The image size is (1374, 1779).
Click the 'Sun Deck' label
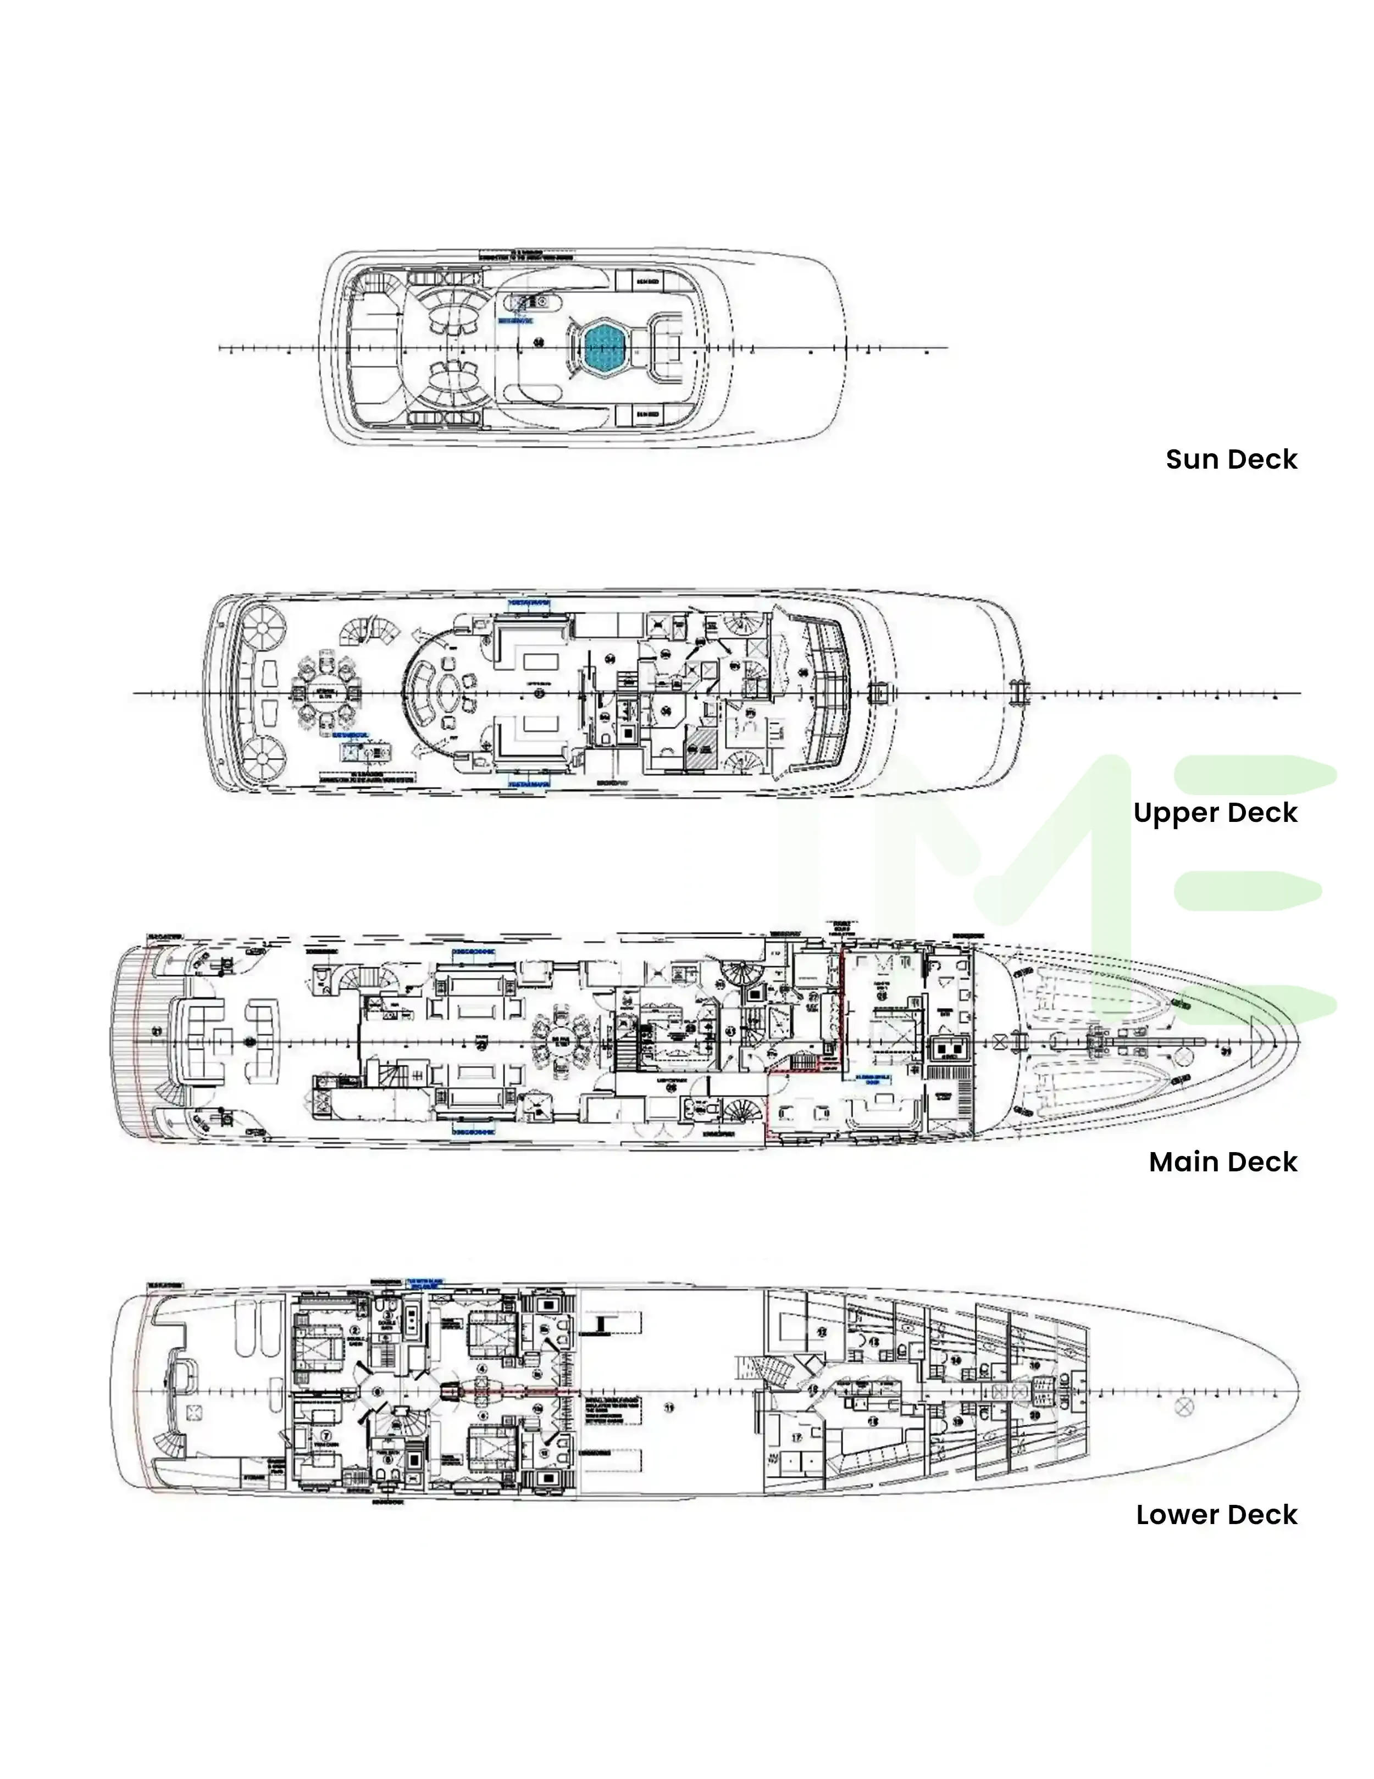[x=1231, y=459]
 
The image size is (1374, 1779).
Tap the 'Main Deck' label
[x=1222, y=1161]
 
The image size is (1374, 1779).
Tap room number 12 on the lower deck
[x=822, y=1332]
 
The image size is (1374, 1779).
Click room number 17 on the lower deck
[x=796, y=1438]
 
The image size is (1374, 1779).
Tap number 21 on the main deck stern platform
[x=157, y=1031]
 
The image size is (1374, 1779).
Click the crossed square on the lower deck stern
[x=194, y=1411]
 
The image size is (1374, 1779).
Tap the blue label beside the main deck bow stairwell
[x=873, y=1080]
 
